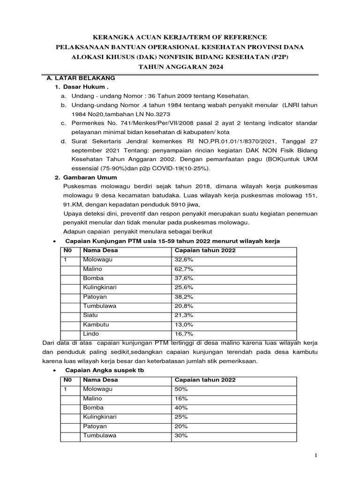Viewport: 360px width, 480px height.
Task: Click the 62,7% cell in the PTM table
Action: pos(184,269)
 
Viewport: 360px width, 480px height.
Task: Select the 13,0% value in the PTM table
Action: pos(184,324)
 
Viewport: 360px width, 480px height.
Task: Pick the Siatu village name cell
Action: pos(91,315)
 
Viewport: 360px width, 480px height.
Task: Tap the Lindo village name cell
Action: pos(91,334)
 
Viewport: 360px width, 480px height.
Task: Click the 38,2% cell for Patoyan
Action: pos(184,297)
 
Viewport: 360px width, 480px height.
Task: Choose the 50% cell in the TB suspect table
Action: pos(181,389)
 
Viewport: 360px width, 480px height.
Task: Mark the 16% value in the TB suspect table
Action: pos(181,398)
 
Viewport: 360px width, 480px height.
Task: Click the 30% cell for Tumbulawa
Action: pos(181,435)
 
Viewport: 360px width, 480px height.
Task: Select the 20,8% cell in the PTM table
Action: pos(184,306)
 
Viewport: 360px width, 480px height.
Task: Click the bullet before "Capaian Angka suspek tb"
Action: pos(55,370)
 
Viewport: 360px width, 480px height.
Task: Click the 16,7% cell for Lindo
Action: pos(184,334)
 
